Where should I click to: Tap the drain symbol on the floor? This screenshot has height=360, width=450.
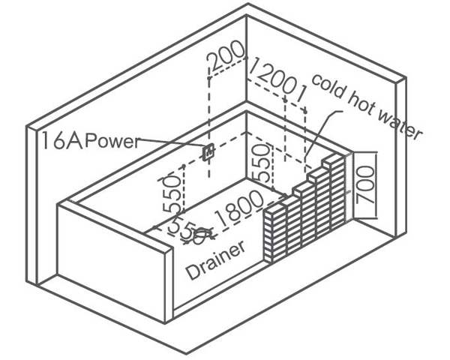pos(200,238)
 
